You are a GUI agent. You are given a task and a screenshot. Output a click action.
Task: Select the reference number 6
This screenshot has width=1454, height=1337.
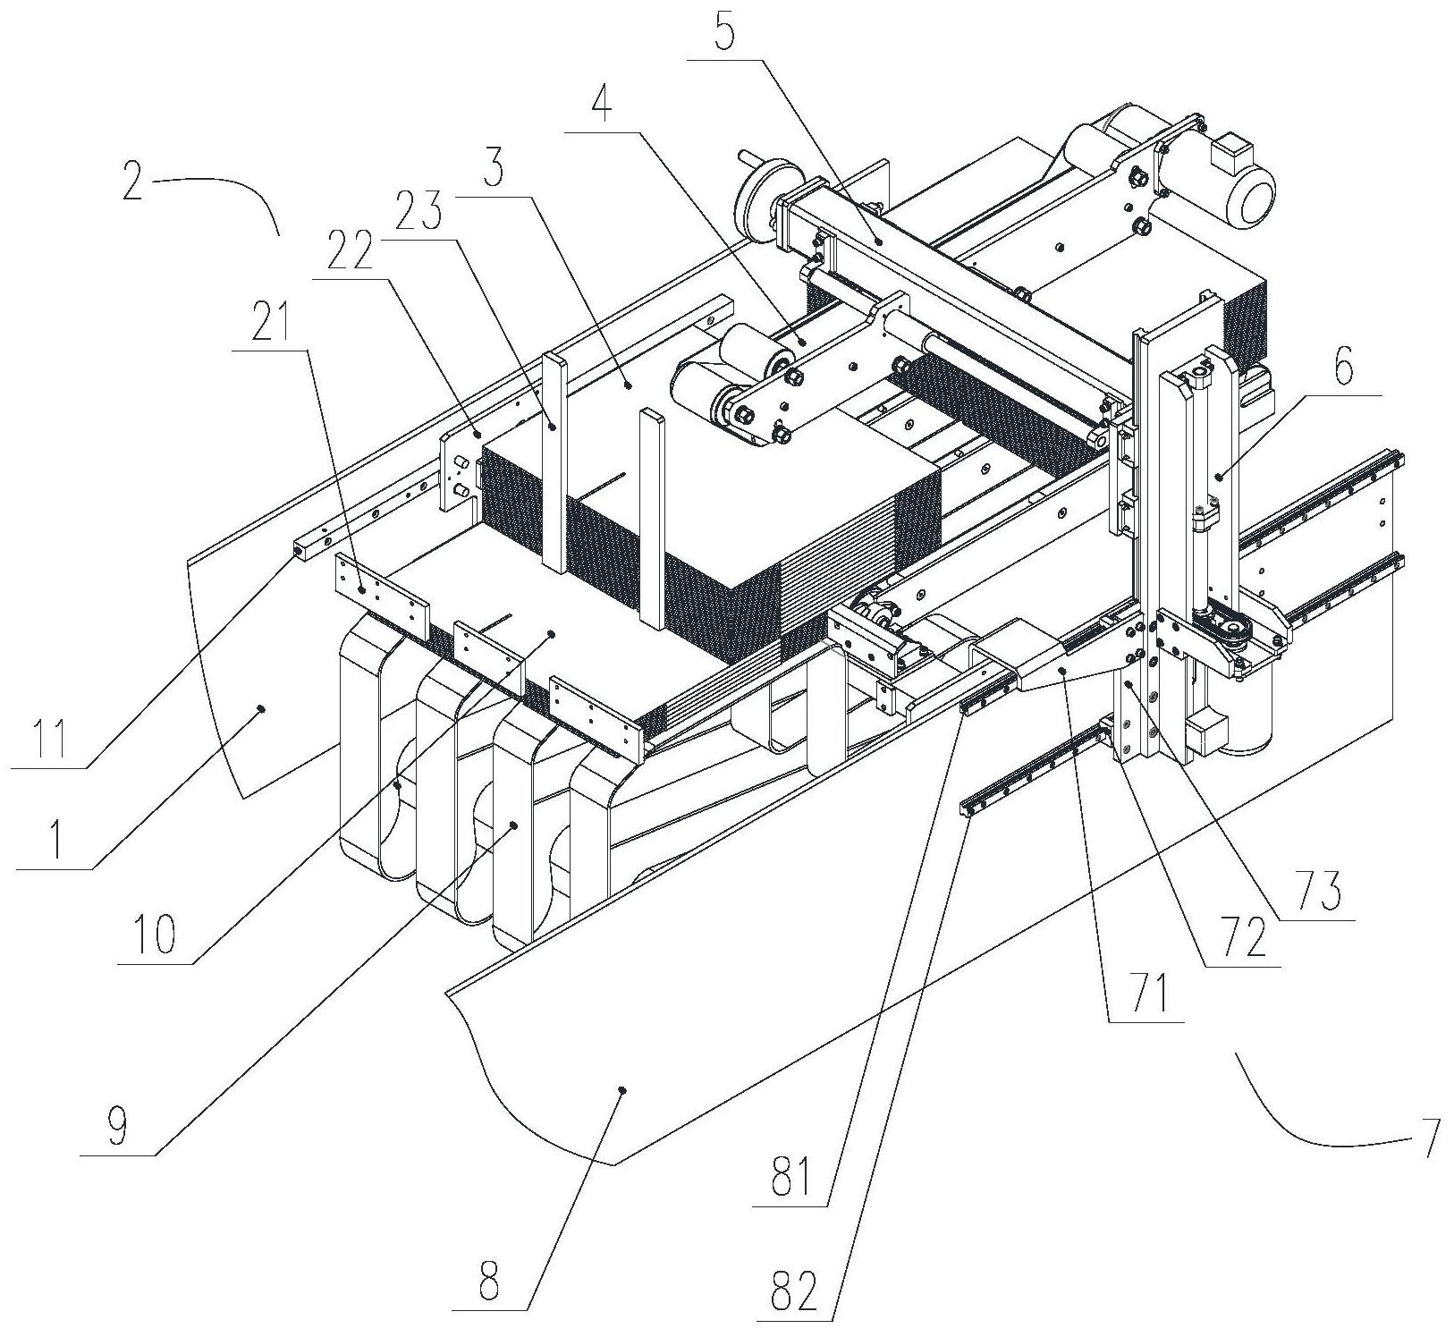[x=1346, y=367]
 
